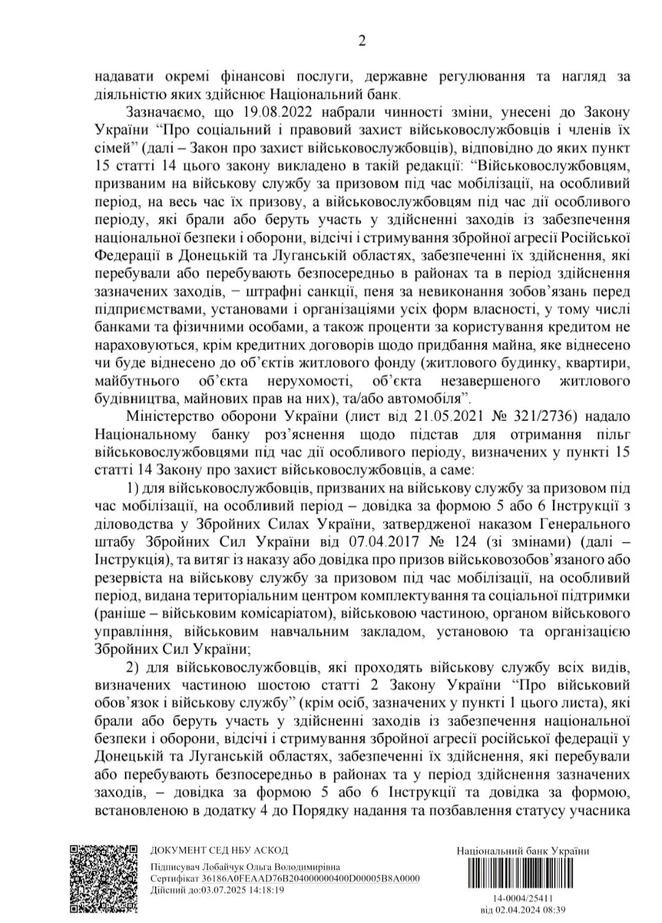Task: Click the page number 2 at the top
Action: pyautogui.click(x=362, y=42)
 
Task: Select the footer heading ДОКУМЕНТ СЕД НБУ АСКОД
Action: pyautogui.click(x=219, y=850)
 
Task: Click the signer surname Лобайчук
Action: pyautogui.click(x=223, y=868)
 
